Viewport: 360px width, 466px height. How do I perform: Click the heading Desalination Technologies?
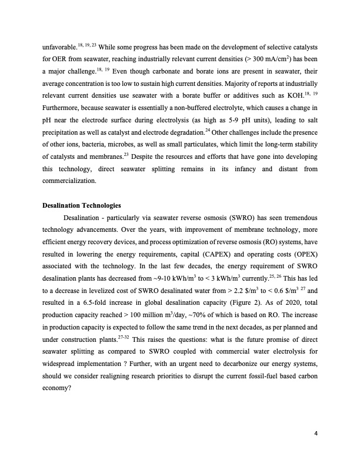pos(82,205)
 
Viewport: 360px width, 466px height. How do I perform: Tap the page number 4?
pos(316,435)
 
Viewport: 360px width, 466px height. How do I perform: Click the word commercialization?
pos(69,182)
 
